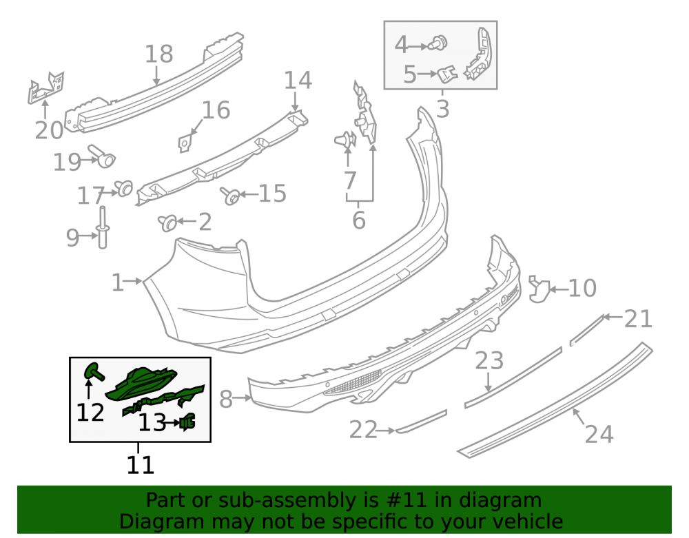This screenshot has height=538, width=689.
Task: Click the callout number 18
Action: (x=159, y=54)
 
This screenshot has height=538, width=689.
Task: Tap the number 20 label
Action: (x=49, y=130)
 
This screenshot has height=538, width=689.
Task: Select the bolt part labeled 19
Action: (x=102, y=156)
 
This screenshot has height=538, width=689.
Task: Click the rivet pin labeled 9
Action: (x=103, y=227)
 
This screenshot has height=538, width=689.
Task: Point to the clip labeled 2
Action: (x=167, y=223)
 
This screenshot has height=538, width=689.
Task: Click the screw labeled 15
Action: (x=230, y=196)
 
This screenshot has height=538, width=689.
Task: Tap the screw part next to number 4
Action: (x=438, y=43)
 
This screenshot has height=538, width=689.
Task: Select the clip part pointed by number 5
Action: (x=448, y=74)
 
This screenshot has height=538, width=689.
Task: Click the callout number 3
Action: (x=443, y=108)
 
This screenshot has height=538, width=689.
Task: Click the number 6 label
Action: (x=359, y=220)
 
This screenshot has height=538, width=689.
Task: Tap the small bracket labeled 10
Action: (x=539, y=289)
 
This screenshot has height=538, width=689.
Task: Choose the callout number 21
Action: (x=639, y=319)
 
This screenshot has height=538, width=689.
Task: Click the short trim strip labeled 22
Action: (x=421, y=422)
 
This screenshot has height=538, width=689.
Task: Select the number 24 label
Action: (x=599, y=434)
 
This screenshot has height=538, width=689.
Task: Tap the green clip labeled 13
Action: (x=187, y=422)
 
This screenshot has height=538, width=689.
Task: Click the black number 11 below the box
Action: (x=140, y=465)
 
